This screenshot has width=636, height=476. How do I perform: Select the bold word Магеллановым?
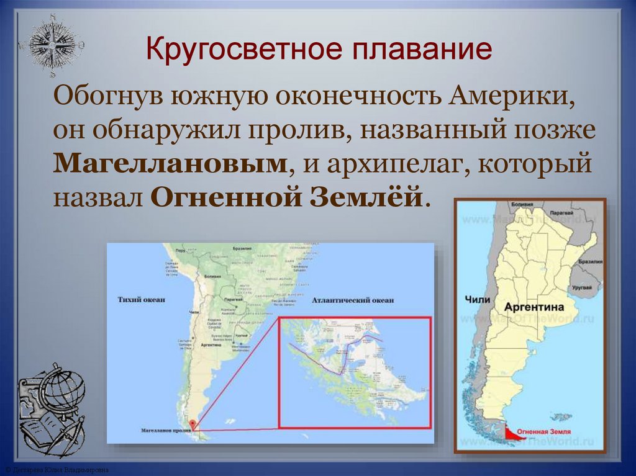coord(171,164)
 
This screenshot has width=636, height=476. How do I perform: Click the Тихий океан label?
coord(141,300)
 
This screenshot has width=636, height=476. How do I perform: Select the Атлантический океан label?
coord(352,301)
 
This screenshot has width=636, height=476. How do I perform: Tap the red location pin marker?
coord(193,424)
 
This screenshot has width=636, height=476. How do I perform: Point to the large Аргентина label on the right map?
coord(534,307)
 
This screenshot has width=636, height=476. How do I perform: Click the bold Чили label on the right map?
coord(477,300)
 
